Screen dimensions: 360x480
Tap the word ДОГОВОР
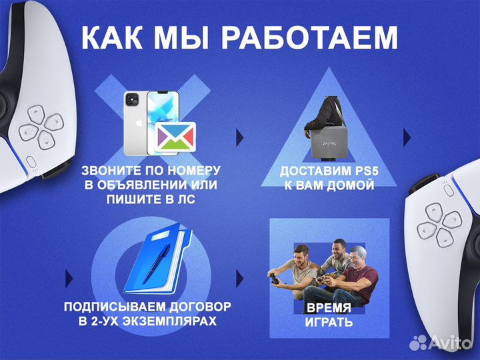pyautogui.click(x=198, y=307)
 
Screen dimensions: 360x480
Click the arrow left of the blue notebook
pyautogui.click(x=69, y=277)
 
